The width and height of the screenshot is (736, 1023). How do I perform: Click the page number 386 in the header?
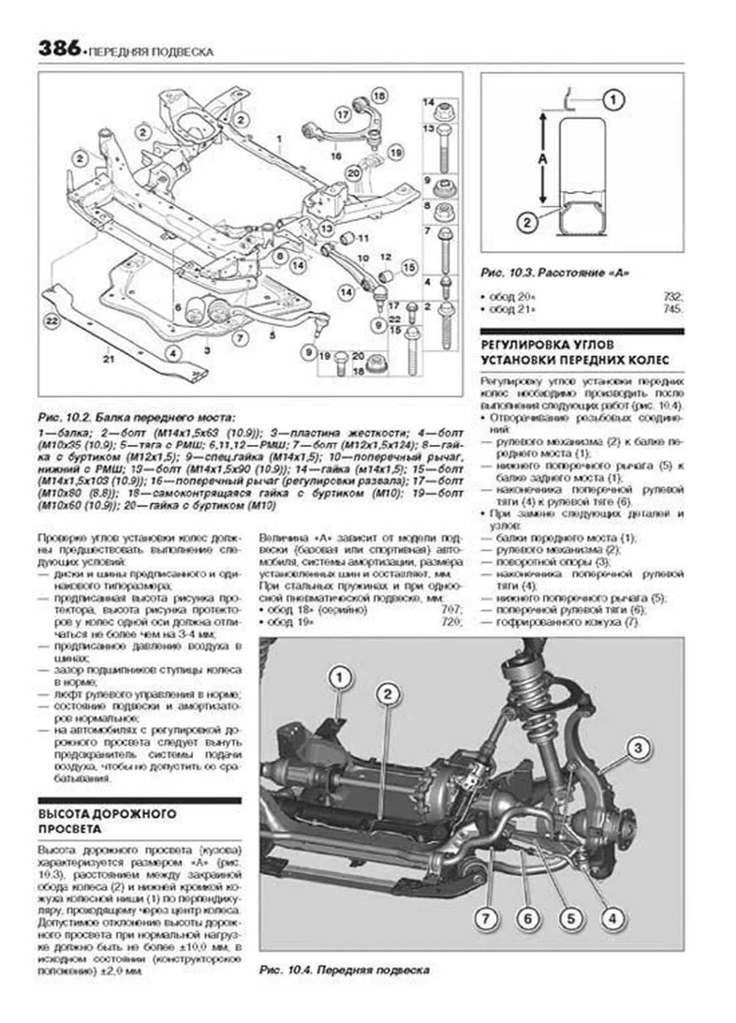tap(59, 48)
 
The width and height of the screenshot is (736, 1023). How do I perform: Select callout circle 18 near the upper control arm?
tap(379, 96)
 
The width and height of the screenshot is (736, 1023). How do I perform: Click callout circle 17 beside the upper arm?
tap(342, 114)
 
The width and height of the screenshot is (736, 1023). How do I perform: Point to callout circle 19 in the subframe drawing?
tap(396, 152)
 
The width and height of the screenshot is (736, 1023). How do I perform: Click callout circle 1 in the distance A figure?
tap(614, 99)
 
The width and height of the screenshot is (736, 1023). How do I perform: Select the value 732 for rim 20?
tap(673, 297)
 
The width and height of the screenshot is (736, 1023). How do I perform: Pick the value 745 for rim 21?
tap(673, 310)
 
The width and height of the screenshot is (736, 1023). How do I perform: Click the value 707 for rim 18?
tap(452, 610)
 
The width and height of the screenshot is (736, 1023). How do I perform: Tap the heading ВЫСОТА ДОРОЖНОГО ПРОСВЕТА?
tap(107, 821)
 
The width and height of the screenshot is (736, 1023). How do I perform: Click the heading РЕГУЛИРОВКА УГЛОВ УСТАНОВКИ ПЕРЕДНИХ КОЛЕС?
tap(575, 353)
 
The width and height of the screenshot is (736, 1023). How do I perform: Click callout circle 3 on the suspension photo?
tap(638, 748)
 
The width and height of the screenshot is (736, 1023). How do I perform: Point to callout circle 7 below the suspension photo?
tap(485, 919)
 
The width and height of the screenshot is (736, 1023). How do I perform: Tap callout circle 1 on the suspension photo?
tap(340, 678)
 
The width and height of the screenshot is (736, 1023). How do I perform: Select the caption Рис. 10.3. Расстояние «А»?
tap(556, 273)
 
